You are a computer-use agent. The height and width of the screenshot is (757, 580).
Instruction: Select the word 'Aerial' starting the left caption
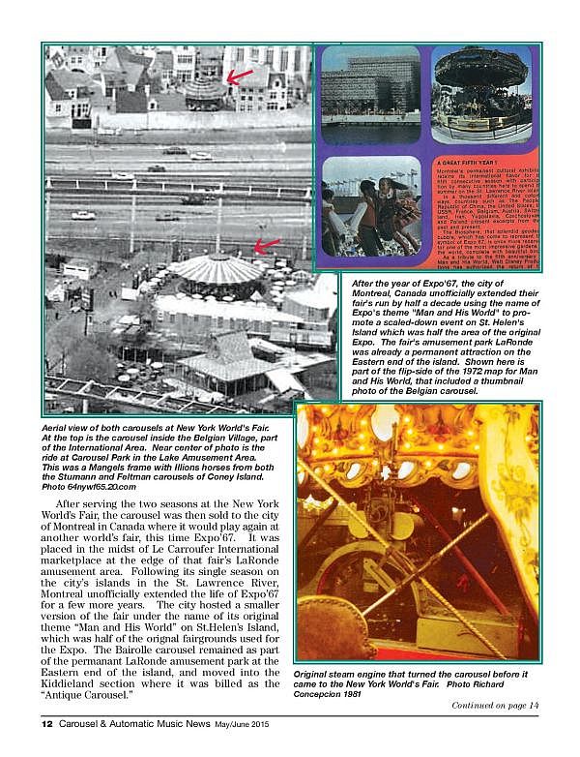coord(61,428)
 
